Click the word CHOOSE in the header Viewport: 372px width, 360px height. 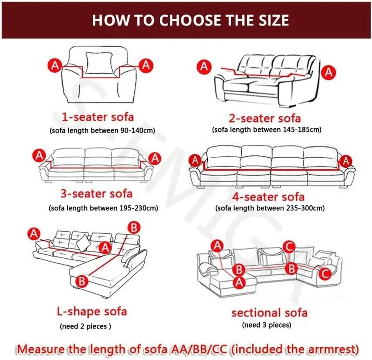coord(190,20)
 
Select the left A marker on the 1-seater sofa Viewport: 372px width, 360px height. coord(55,65)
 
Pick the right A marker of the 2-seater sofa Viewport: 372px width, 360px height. coord(329,72)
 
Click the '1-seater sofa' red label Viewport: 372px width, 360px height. coord(98,117)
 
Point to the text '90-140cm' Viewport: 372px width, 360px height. coord(136,131)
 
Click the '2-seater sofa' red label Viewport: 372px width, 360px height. coord(265,118)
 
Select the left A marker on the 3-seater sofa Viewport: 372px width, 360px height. coord(39,156)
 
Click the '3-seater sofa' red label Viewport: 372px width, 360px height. coord(96,194)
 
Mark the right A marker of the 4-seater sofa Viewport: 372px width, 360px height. coord(346,161)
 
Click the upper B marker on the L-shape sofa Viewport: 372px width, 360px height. coord(134,228)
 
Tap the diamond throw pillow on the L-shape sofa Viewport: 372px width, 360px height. coord(83,242)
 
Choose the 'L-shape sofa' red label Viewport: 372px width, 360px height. coord(92,312)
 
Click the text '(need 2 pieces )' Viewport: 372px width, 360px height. coord(85,326)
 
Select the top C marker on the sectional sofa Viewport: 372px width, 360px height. coord(289,247)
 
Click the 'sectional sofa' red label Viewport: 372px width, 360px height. coord(270,313)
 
